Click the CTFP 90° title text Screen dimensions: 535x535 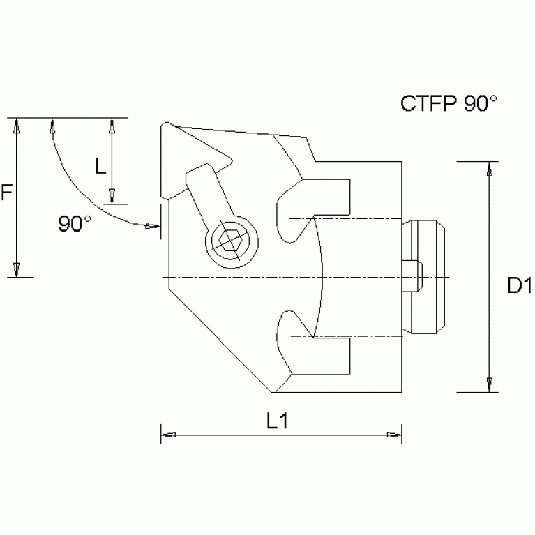click(448, 103)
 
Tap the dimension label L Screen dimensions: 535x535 click(100, 165)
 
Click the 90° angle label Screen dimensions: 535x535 click(75, 223)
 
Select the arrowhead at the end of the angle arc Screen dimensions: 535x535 click(151, 225)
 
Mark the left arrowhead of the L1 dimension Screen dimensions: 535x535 click(167, 435)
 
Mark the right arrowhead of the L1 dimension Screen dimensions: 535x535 click(394, 435)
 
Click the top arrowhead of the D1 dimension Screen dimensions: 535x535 click(490, 169)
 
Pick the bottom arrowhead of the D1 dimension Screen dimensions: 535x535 click(490, 384)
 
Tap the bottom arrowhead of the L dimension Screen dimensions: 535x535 click(112, 196)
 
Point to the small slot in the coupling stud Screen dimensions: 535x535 click(413, 277)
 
